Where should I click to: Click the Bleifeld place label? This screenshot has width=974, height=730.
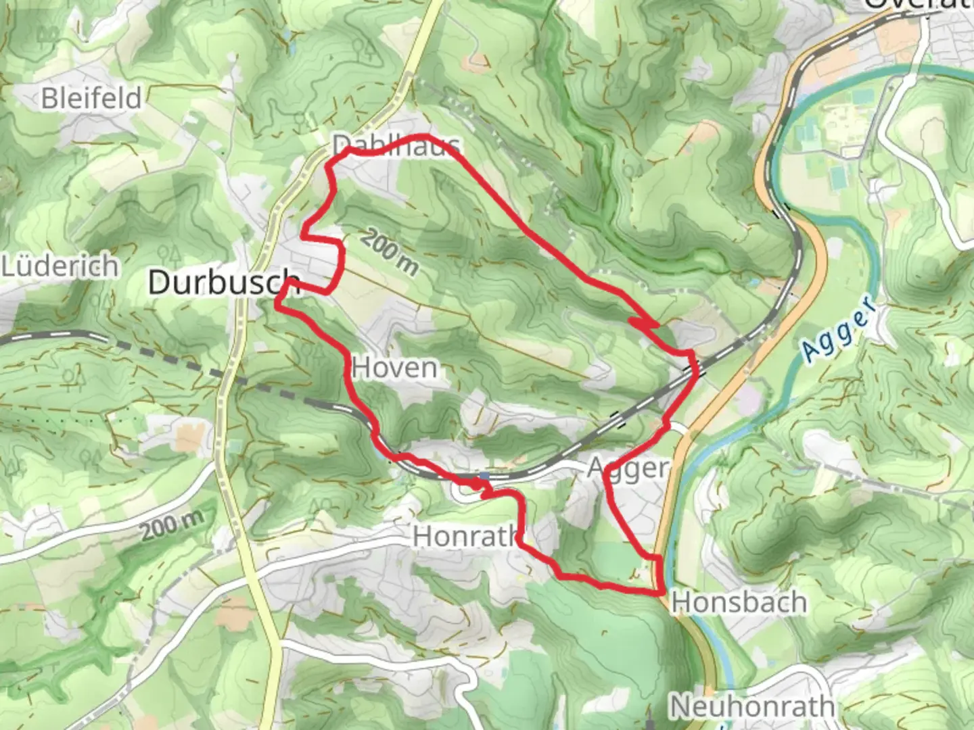point(91,99)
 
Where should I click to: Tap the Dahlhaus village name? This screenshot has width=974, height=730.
point(396,145)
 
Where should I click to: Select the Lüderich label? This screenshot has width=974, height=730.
point(60,266)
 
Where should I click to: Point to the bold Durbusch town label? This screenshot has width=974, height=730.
point(223,282)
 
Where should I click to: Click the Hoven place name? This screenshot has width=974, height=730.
point(395,368)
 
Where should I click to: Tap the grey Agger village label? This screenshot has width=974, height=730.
point(628,468)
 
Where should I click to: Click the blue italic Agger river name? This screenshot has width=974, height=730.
point(839,329)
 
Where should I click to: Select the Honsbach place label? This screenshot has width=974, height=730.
point(739,602)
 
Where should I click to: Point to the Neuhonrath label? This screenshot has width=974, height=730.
point(751,707)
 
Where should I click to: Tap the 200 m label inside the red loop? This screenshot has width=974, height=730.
point(389,252)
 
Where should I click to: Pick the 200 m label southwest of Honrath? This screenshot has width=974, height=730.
point(172,525)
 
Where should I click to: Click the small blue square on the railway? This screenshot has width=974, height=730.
point(486,477)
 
